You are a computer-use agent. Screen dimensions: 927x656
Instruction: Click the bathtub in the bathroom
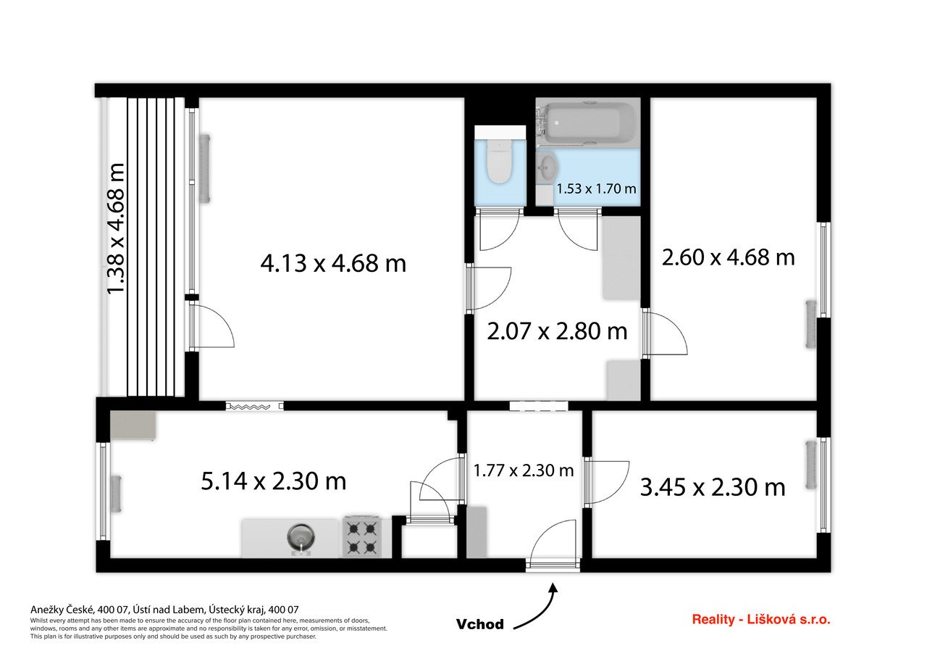(587, 123)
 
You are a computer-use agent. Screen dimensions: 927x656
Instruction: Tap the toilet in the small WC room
(500, 162)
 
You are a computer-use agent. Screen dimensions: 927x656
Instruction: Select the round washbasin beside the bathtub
(547, 167)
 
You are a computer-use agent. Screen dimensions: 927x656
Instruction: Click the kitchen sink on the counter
(301, 539)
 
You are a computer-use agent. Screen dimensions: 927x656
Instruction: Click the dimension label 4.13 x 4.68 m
(333, 263)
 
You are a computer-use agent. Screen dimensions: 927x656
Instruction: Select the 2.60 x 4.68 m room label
(729, 257)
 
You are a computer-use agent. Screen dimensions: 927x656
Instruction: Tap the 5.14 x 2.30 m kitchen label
(274, 481)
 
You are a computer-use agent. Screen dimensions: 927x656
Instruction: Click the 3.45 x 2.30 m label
(713, 487)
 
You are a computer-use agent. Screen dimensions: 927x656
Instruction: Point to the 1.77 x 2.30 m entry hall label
(523, 470)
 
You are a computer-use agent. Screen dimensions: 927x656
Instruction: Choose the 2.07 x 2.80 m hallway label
(557, 331)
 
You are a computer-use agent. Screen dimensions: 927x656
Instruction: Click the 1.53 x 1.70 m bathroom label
(596, 189)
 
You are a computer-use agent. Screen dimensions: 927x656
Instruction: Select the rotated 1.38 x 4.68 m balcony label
(117, 229)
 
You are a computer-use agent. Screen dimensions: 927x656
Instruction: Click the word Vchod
(480, 624)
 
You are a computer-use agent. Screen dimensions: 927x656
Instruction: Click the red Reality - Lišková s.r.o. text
(761, 620)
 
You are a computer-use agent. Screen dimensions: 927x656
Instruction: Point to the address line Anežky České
(164, 610)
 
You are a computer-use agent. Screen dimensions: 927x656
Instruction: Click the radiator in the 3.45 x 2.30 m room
(811, 465)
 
